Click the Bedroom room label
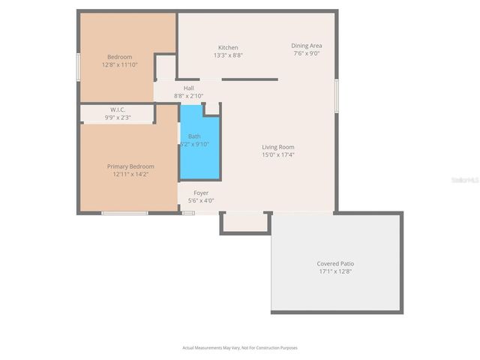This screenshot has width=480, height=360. [119, 57]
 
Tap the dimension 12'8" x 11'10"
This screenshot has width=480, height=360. [119, 64]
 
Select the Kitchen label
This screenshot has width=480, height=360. [228, 47]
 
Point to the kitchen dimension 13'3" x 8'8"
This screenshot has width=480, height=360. [228, 55]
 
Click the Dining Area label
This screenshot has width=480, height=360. [306, 46]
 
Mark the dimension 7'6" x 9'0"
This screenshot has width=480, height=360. [306, 53]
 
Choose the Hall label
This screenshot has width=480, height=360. [188, 88]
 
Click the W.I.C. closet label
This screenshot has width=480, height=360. [118, 109]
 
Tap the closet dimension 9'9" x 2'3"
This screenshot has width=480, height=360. [118, 117]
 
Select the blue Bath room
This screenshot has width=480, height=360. [199, 150]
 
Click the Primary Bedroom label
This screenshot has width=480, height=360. [130, 166]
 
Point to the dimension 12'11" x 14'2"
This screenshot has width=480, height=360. [130, 174]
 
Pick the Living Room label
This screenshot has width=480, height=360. [277, 147]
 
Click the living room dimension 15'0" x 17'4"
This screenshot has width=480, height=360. [277, 154]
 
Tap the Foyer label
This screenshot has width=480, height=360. [201, 193]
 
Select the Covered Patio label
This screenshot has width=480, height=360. [335, 264]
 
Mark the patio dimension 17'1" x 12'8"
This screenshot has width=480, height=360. [335, 271]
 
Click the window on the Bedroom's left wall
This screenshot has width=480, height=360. [79, 65]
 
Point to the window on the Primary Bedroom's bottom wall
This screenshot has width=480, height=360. [124, 213]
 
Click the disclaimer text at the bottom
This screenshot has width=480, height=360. [240, 347]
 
